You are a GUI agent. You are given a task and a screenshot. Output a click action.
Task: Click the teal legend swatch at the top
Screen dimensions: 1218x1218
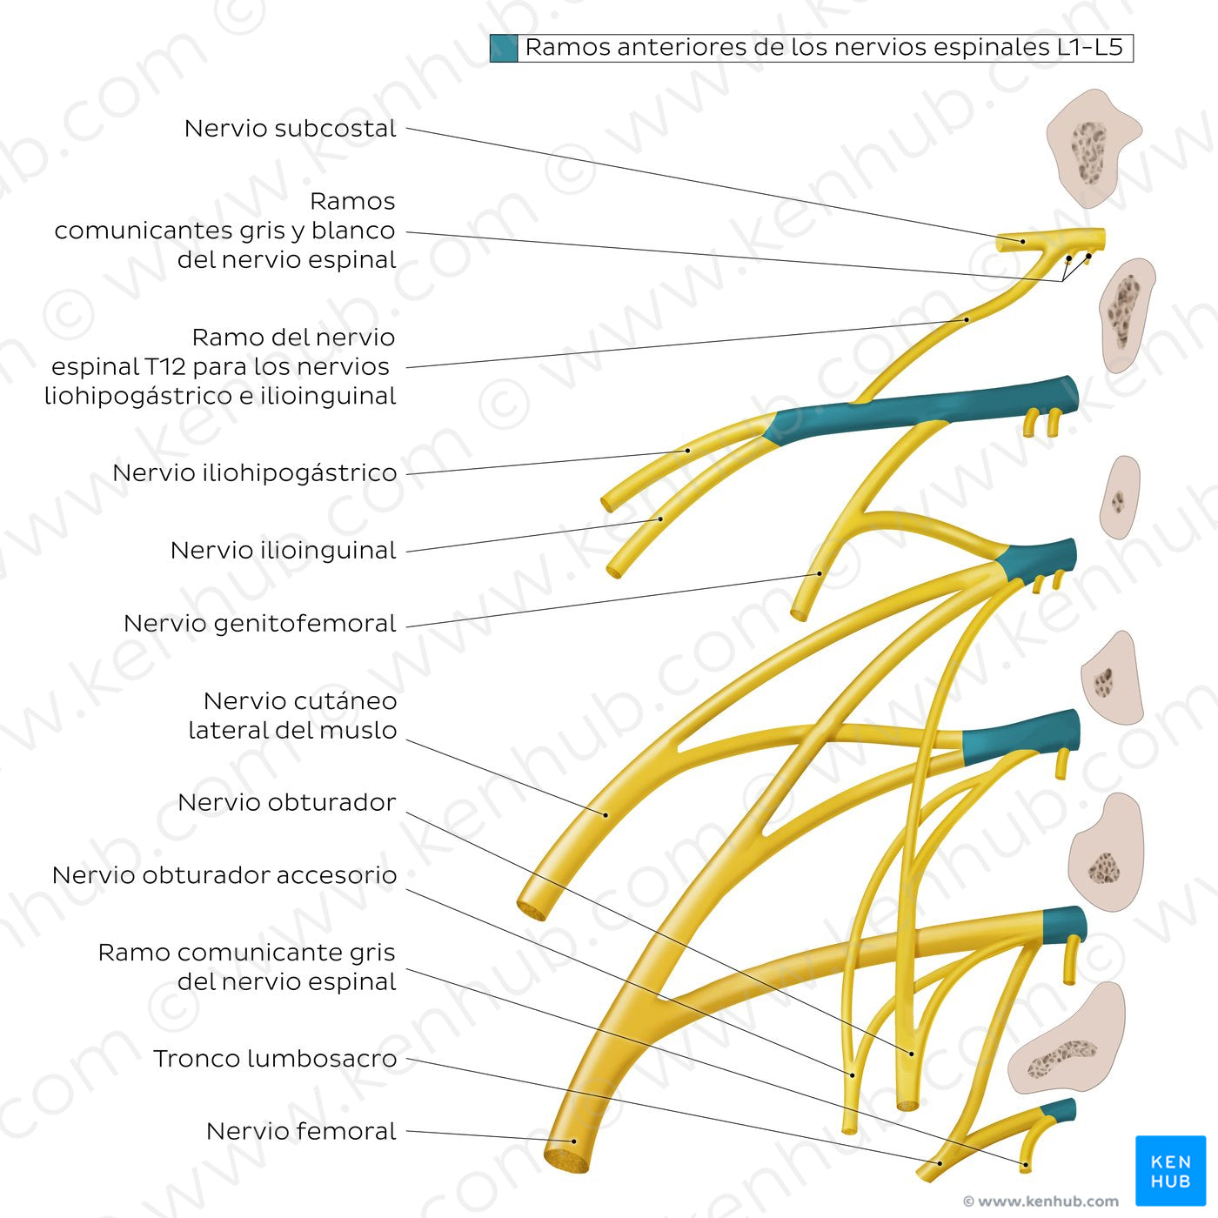tap(504, 48)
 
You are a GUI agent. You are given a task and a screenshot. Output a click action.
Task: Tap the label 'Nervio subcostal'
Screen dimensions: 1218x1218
tap(290, 129)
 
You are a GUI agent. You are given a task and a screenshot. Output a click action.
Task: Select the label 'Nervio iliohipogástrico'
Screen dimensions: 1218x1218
tap(254, 473)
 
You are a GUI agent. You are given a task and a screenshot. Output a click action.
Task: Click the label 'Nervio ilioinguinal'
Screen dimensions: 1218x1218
tap(283, 551)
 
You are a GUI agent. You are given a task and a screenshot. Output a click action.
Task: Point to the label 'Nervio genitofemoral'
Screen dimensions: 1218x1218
tap(259, 624)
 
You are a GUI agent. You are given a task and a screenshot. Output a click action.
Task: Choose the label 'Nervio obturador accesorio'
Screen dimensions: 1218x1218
tap(224, 875)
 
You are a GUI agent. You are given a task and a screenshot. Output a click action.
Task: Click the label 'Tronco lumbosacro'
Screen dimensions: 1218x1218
tap(274, 1059)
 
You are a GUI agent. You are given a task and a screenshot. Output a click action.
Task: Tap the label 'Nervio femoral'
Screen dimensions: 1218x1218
tap(301, 1131)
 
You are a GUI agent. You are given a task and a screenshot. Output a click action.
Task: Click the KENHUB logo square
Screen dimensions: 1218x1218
tap(1170, 1170)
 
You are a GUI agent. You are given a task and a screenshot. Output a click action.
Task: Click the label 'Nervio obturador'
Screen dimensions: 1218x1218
tap(286, 802)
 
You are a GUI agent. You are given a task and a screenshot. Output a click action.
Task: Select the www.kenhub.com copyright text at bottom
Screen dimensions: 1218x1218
tap(1041, 1201)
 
